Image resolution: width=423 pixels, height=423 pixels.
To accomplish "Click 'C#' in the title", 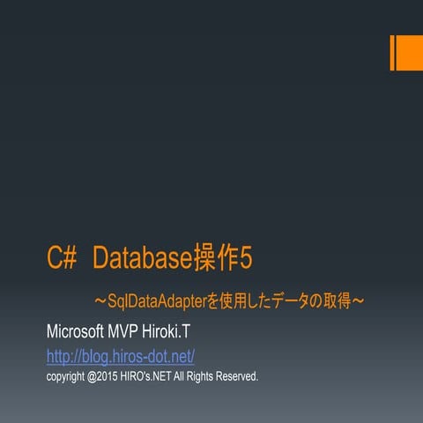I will (x=63, y=258).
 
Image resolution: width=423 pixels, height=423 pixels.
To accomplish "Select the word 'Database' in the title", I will (x=142, y=258).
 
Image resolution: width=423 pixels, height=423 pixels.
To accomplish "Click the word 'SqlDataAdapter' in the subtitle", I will (x=156, y=302).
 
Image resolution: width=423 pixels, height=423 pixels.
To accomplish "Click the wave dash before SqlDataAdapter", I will (x=100, y=302).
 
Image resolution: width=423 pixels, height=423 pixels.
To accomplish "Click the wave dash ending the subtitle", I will (x=359, y=302).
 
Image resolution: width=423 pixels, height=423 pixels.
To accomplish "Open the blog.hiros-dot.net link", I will (x=120, y=356).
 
